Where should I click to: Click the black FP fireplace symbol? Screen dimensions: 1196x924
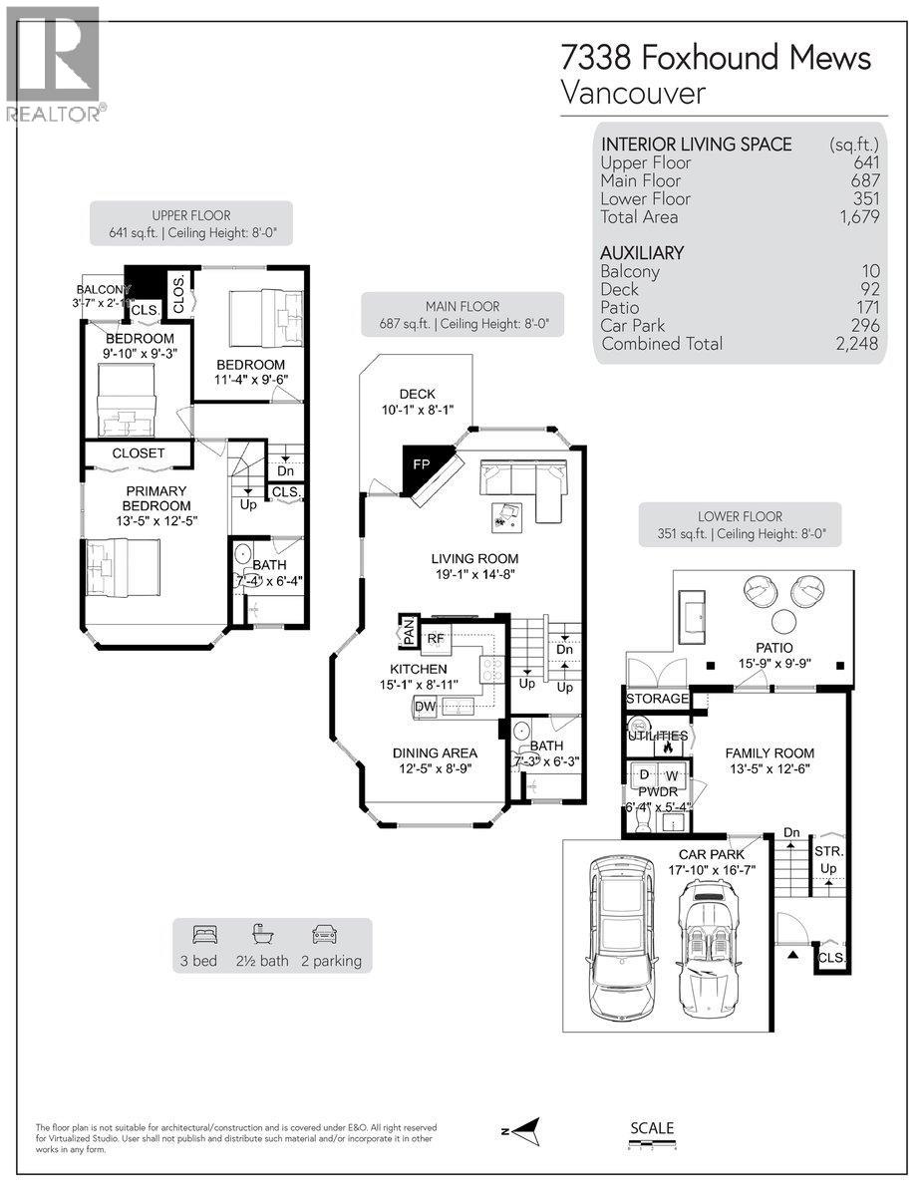click(421, 466)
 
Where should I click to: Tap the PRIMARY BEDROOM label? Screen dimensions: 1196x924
click(155, 499)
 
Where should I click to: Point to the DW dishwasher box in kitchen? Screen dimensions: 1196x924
click(425, 707)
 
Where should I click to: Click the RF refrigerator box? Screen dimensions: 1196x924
click(436, 639)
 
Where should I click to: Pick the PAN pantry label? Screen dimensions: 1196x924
click(409, 631)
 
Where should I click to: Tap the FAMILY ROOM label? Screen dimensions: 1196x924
click(769, 753)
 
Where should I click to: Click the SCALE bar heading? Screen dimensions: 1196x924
click(652, 1128)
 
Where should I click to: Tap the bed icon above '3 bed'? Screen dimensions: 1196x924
click(205, 935)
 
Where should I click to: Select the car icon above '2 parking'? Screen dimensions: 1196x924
click(324, 935)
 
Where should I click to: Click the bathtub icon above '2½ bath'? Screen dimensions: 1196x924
click(263, 935)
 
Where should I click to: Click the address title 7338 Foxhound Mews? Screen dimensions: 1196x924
click(716, 58)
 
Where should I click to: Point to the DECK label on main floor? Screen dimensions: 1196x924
click(417, 395)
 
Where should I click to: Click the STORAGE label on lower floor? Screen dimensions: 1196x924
click(657, 699)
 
